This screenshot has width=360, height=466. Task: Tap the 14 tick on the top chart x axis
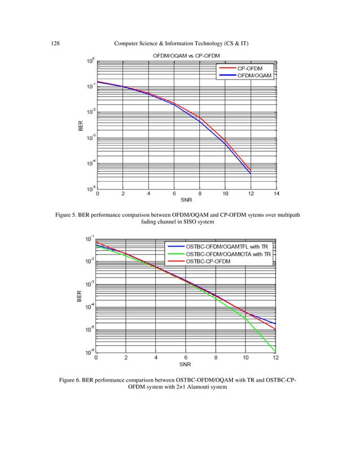point(276,195)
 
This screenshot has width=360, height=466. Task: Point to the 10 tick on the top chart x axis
point(225,195)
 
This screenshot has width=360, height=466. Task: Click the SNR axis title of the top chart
point(187,201)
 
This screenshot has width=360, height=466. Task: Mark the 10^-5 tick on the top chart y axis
point(90,189)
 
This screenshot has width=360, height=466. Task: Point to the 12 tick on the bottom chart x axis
point(275,358)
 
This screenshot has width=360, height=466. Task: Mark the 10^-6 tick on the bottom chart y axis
point(88,353)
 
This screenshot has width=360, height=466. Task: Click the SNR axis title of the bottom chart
point(186,364)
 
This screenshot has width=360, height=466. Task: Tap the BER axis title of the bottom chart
point(80,295)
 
